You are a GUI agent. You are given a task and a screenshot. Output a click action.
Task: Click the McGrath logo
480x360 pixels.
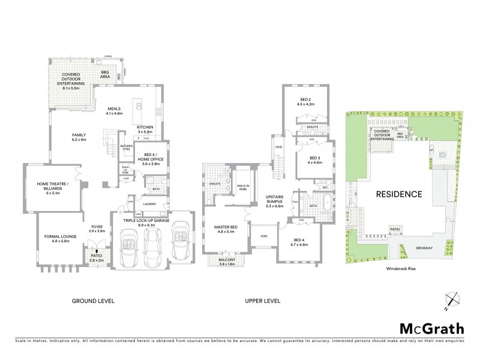(x=431, y=328)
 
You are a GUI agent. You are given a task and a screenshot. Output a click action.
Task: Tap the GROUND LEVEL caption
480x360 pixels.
(x=93, y=301)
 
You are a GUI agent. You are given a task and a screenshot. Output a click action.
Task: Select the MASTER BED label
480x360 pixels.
(x=227, y=227)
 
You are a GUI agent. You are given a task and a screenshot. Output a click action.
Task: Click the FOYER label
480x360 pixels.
(x=97, y=229)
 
